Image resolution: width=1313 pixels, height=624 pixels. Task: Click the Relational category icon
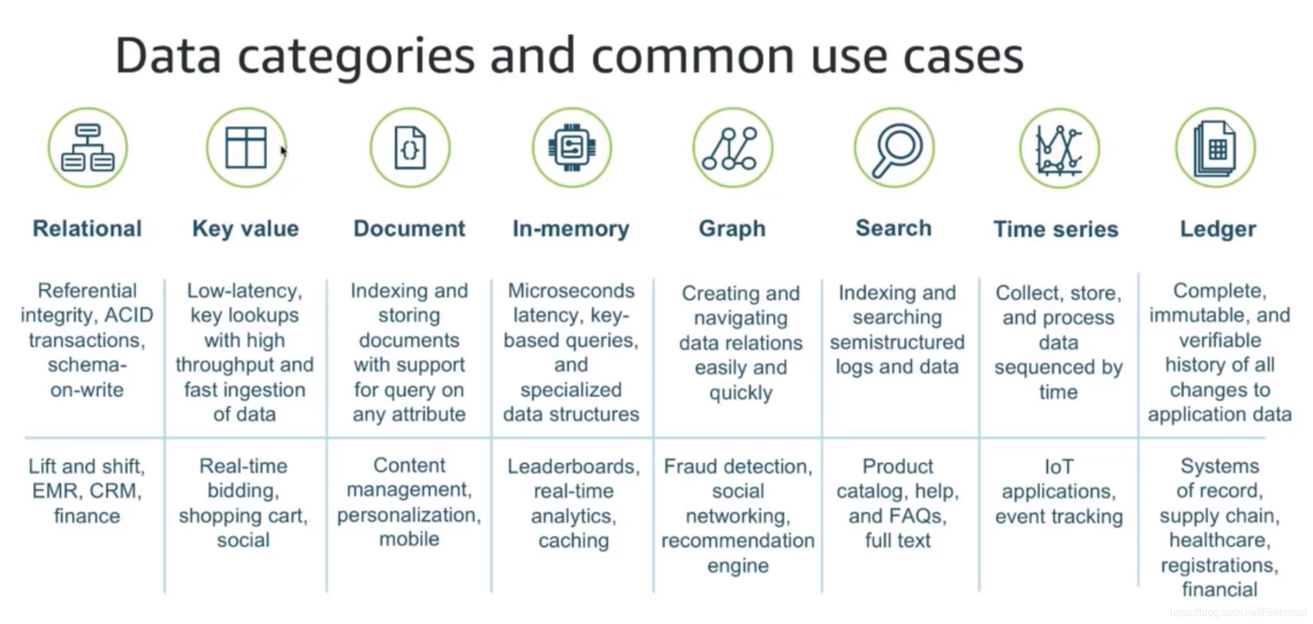[88, 148]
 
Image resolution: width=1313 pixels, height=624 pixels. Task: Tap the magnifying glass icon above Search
[894, 148]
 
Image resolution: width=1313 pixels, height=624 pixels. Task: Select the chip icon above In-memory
[572, 148]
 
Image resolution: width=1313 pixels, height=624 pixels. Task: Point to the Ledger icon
[1215, 148]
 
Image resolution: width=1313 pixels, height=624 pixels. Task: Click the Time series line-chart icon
[1059, 148]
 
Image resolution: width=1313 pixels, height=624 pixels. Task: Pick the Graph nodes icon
[732, 148]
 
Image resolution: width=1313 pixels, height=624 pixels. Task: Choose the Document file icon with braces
[410, 148]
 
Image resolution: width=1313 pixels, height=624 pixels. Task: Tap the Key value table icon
[246, 148]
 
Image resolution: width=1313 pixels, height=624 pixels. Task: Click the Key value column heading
[245, 229]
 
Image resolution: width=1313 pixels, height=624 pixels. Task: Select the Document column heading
[409, 229]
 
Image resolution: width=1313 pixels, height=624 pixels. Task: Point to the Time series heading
[1055, 229]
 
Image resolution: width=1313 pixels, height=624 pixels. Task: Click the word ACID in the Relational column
[129, 315]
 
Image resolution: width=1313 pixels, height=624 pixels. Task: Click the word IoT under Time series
[1058, 467]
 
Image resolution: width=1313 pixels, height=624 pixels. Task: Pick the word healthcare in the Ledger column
[1219, 541]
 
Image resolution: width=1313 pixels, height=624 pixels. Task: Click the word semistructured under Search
[897, 342]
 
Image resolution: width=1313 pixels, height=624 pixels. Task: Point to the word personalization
[408, 515]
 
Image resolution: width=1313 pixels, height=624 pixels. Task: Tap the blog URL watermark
[1238, 613]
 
